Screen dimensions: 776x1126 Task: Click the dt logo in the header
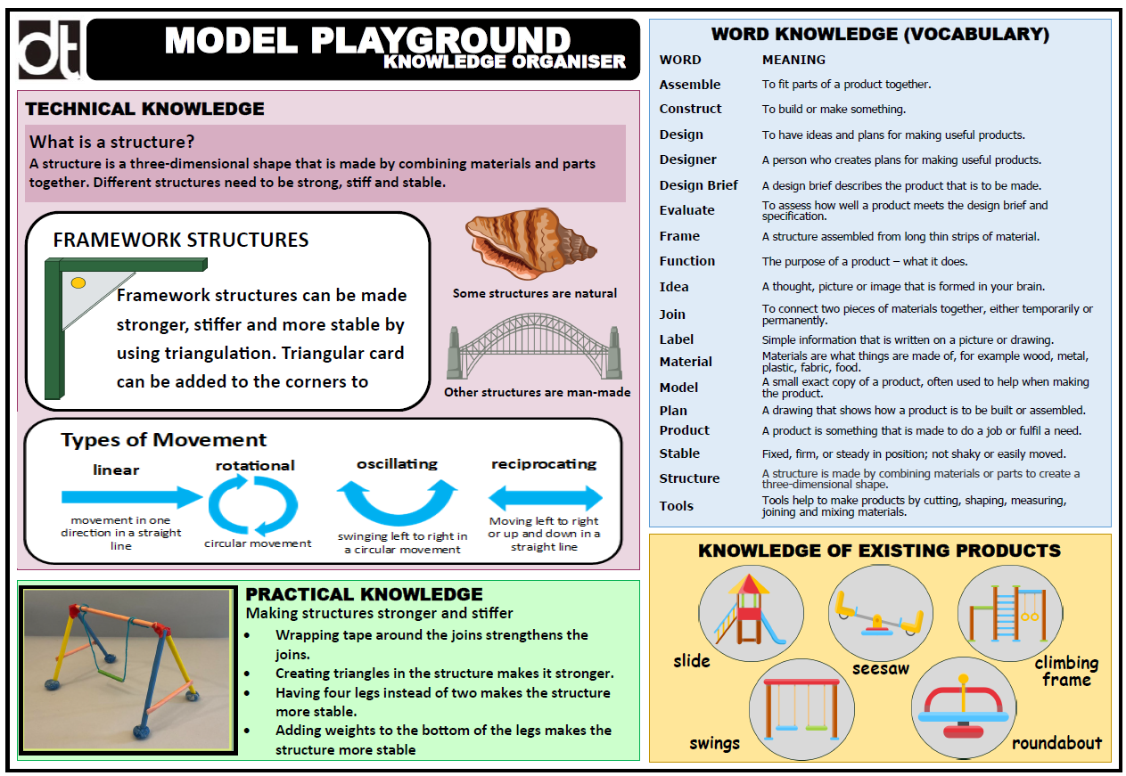coord(50,49)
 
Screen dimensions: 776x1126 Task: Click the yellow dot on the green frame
coord(78,282)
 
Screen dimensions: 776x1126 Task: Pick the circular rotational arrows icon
coord(253,504)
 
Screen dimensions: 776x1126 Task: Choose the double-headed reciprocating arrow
coord(545,497)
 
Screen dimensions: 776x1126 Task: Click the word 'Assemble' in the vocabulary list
coord(690,85)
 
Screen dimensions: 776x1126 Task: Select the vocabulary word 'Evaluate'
coord(686,210)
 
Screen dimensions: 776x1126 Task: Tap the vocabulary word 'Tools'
coord(676,506)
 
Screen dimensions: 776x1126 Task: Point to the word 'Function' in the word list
coord(686,261)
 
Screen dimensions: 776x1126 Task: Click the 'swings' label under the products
coord(715,743)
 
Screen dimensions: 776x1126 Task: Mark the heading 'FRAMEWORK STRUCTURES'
coord(181,241)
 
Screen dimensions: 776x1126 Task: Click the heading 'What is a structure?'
coord(112,142)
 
